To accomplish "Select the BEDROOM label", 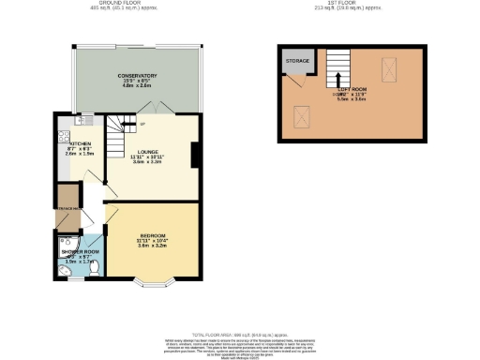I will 153,233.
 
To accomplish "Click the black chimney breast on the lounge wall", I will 195,155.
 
